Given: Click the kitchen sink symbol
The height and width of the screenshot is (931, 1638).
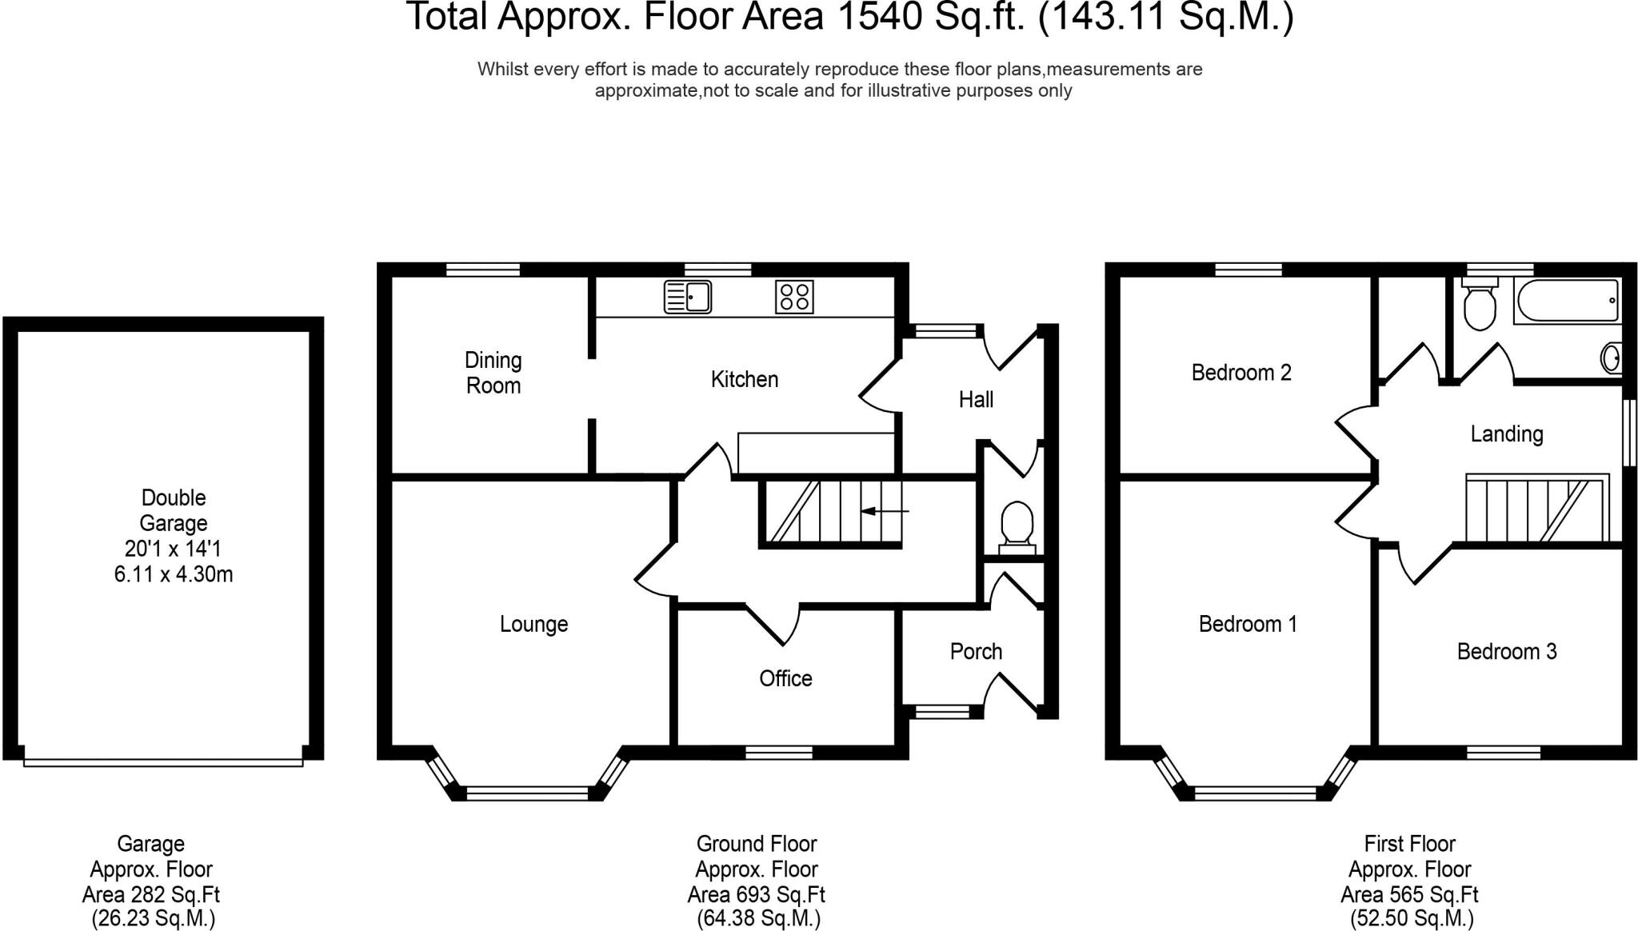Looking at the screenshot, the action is coord(688,297).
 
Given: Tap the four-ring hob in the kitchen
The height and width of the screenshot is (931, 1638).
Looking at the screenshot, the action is coord(794,297).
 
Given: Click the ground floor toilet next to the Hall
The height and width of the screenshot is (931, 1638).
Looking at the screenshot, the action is coord(1017,528).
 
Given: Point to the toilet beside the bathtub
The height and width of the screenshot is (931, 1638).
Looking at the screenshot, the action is coord(1480,304).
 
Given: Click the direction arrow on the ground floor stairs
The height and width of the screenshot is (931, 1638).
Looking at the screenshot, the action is coord(885,510).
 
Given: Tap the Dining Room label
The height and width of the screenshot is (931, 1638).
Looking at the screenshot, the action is coord(493,373).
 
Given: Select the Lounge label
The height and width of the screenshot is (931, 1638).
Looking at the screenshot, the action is coord(533,624).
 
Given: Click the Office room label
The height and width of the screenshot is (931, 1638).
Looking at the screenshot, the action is coord(785,678).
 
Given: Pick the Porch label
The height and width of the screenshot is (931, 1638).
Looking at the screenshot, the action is coord(976,651).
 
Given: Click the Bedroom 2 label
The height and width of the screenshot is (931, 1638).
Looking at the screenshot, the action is coord(1241,373).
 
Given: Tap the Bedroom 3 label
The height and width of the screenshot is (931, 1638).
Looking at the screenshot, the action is coord(1507,651).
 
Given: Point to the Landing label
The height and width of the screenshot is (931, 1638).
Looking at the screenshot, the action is coord(1507,434).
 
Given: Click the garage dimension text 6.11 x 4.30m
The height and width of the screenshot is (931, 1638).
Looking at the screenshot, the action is coord(174,574).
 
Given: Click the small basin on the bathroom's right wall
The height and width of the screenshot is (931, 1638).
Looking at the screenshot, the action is coord(1612,358).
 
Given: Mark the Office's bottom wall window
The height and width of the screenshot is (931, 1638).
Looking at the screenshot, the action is coord(779,752).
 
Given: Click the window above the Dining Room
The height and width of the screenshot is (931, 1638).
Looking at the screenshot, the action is coord(483,270).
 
